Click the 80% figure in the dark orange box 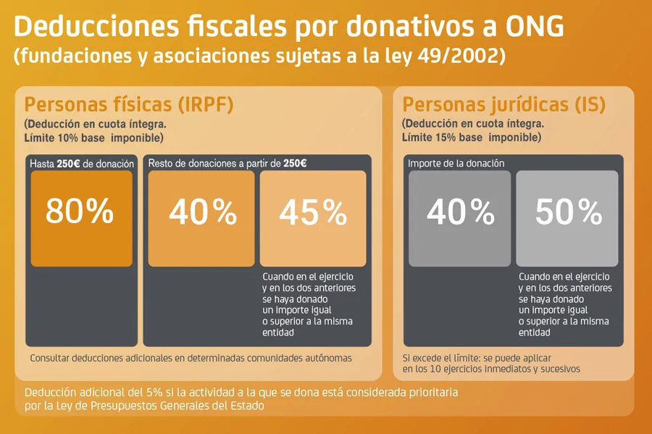click(80, 212)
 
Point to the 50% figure click(568, 212)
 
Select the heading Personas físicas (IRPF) click(129, 104)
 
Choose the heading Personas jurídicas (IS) click(503, 104)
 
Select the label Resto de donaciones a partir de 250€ click(227, 164)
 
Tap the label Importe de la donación click(456, 164)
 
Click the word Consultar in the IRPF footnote click(53, 358)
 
